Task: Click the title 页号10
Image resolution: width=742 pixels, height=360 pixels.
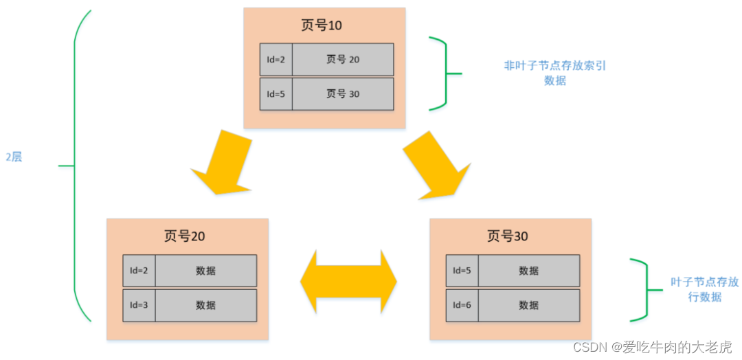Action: click(322, 26)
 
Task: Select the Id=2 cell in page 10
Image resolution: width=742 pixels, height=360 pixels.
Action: click(276, 60)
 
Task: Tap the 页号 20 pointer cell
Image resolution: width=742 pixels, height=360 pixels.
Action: click(342, 60)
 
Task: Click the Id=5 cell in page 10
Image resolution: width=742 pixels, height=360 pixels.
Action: click(276, 94)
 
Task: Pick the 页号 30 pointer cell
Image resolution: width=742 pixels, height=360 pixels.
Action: click(342, 94)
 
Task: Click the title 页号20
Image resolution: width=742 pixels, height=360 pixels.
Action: click(185, 236)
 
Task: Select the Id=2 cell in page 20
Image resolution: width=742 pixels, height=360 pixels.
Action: click(139, 271)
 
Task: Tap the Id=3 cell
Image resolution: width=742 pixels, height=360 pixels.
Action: click(139, 305)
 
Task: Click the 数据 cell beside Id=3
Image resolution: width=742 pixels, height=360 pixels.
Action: click(205, 305)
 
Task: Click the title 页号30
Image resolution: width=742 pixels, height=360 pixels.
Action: click(508, 236)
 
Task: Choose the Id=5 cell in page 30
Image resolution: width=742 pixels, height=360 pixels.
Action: click(462, 271)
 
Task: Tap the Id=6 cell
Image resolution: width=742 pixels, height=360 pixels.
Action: click(462, 305)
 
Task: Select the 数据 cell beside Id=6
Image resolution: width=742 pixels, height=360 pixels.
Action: click(528, 305)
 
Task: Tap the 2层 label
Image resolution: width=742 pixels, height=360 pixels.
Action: click(14, 157)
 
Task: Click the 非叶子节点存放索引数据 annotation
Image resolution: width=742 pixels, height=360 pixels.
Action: click(554, 73)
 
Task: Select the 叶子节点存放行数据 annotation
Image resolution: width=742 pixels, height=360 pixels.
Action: click(704, 289)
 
